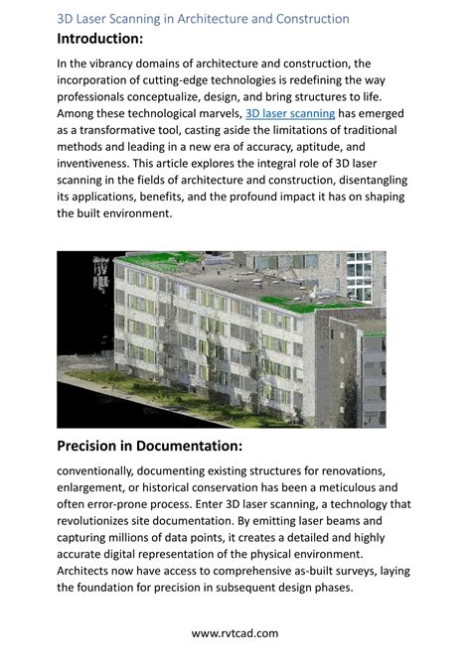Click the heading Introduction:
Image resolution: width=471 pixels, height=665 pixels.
[100, 38]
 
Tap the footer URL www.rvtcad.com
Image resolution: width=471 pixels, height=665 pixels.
[235, 632]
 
